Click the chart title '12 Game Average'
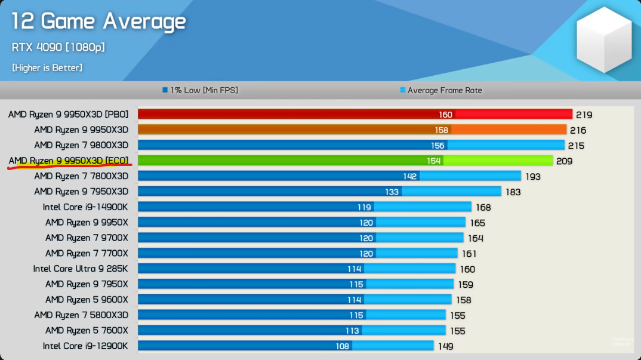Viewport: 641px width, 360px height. (x=98, y=22)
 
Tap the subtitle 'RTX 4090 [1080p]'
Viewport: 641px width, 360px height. (x=58, y=47)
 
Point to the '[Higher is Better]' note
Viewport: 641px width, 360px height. (x=47, y=68)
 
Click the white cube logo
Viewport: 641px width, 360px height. (x=603, y=39)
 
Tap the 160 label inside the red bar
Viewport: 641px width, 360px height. (x=445, y=115)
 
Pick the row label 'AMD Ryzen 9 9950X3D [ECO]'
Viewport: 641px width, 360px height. (x=68, y=161)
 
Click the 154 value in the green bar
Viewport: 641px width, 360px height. (x=433, y=161)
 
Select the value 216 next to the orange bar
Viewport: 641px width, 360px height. (x=577, y=130)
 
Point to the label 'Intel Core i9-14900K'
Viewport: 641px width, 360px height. (x=85, y=207)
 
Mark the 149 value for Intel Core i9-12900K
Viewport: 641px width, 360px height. (x=445, y=346)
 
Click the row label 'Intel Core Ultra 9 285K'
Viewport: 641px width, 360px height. (x=81, y=269)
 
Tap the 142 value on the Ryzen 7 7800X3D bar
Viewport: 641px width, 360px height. (x=409, y=176)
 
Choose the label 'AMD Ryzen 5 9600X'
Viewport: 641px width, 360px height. (x=87, y=300)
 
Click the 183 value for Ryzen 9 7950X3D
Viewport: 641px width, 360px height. (x=512, y=192)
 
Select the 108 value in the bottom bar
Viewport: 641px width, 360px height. (x=342, y=346)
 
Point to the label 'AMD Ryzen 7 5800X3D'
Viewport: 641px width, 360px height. (x=81, y=315)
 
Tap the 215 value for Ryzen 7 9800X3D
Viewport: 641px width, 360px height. (x=576, y=146)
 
